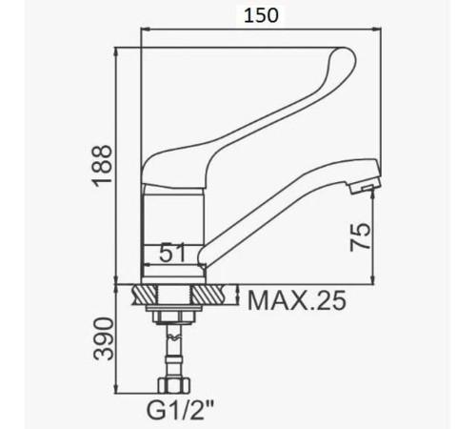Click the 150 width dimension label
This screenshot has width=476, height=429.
pyautogui.click(x=261, y=15)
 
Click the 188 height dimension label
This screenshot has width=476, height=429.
pyautogui.click(x=102, y=164)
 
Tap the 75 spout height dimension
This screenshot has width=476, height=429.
pyautogui.click(x=360, y=236)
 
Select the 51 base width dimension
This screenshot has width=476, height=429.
pyautogui.click(x=172, y=253)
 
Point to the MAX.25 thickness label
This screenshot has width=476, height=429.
pyautogui.click(x=296, y=300)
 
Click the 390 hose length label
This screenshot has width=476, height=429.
pyautogui.click(x=105, y=338)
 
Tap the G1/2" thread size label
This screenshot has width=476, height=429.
pyautogui.click(x=180, y=410)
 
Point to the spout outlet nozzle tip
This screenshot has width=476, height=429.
pyautogui.click(x=364, y=187)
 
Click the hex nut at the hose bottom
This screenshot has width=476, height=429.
pyautogui.click(x=174, y=385)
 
